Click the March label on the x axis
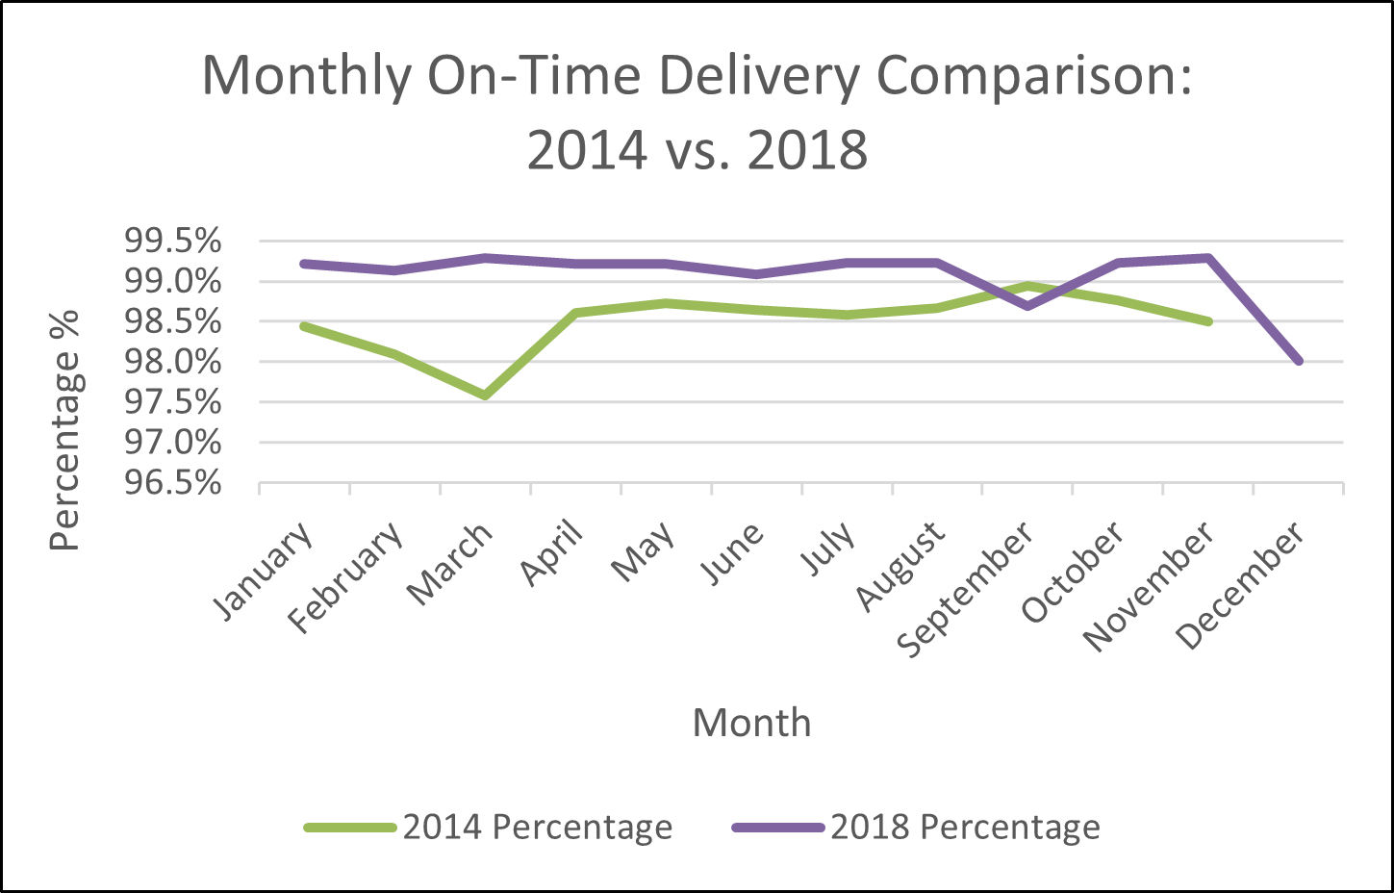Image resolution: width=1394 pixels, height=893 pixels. pos(450,566)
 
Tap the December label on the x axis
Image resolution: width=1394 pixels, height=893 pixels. pos(1241,586)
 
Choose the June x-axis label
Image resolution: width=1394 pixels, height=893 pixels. pos(733,554)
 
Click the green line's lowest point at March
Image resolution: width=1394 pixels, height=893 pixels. pos(486,395)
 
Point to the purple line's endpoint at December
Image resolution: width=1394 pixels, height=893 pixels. pos(1299,362)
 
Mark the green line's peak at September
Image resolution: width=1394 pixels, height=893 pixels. pos(1027,286)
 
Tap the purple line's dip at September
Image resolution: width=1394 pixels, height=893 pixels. pos(1027,306)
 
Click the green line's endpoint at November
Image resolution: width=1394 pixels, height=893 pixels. pos(1208,321)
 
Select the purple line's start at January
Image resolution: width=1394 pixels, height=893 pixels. pos(305,263)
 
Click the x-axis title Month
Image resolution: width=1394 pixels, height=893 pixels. pos(751,723)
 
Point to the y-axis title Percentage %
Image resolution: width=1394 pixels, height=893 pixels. pos(65,429)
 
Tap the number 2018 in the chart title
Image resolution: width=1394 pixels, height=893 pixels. pos(807,151)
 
